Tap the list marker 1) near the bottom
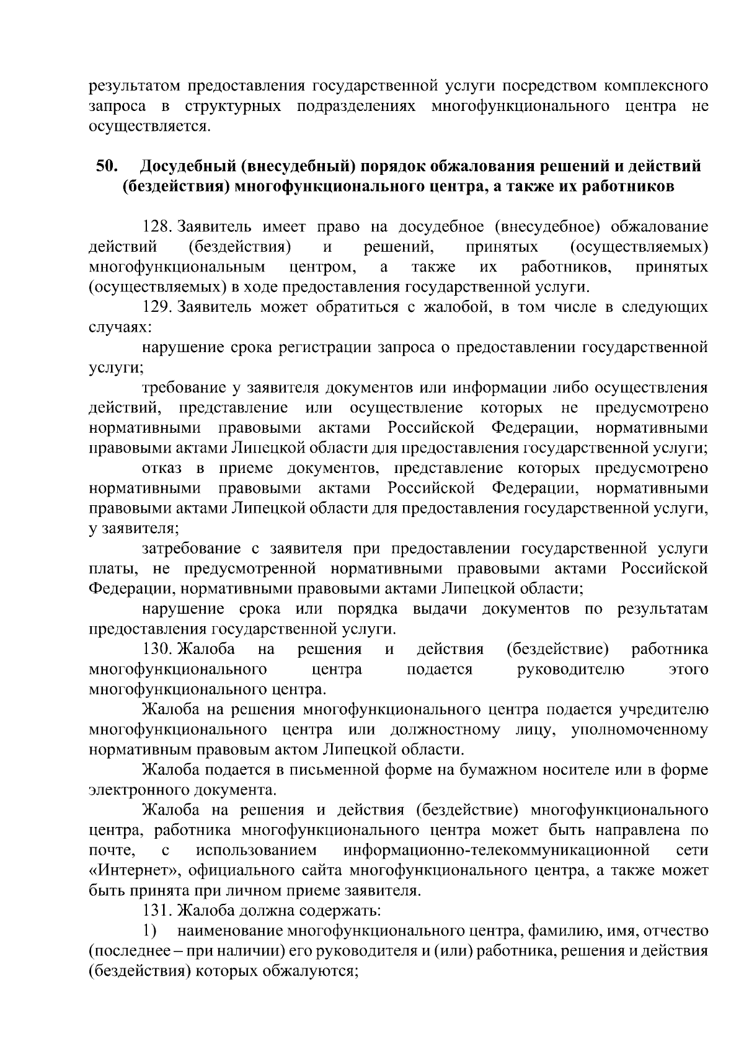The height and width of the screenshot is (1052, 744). [x=151, y=932]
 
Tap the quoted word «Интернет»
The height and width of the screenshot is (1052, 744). [x=135, y=871]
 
